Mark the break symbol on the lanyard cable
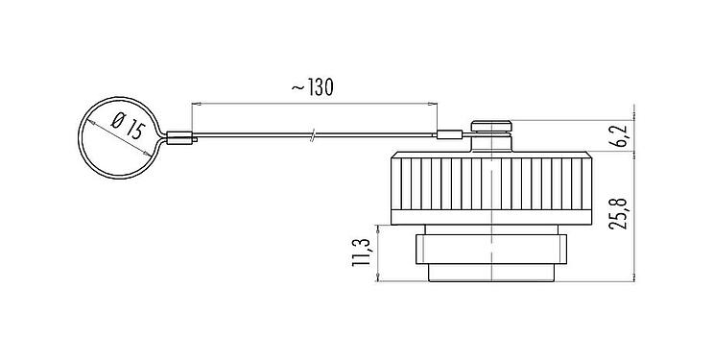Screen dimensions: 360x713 (313, 136)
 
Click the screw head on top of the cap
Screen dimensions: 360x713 (492, 125)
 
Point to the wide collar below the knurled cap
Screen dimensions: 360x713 (492, 249)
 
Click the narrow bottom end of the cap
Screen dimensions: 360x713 (492, 274)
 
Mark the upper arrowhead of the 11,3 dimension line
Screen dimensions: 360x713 (379, 228)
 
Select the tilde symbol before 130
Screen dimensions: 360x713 (296, 87)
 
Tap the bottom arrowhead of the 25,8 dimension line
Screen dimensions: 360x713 (634, 276)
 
